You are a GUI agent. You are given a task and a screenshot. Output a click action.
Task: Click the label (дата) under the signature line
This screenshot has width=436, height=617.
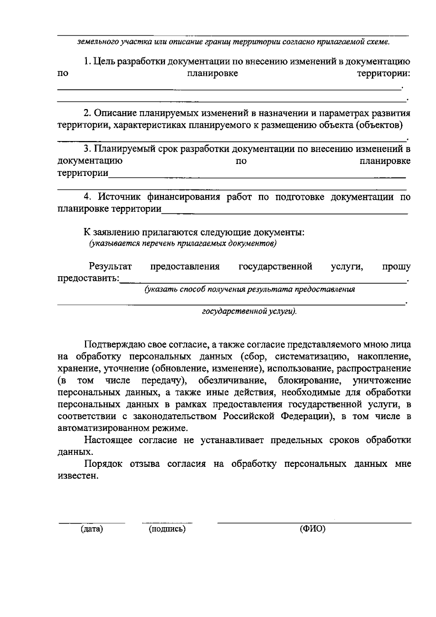point(92,529)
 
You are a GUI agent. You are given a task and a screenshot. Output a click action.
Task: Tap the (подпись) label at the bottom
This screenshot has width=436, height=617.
point(167,529)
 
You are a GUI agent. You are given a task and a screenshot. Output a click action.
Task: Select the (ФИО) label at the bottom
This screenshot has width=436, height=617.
point(312,529)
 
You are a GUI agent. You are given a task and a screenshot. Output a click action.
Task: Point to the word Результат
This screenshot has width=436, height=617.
point(110,267)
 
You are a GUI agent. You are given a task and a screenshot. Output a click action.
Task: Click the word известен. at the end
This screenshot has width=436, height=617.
point(78,476)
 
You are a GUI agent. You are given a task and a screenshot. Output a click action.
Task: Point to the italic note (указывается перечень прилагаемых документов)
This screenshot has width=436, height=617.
point(183,243)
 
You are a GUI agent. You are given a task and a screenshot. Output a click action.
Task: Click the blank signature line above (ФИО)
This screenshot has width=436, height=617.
point(314,522)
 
